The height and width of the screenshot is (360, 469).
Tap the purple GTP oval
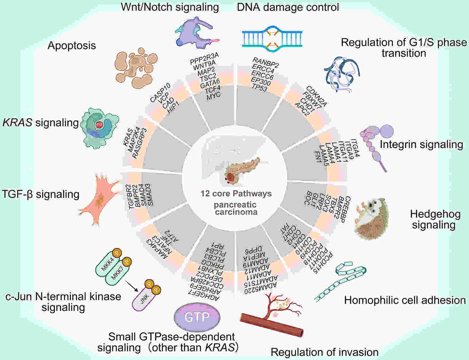[x=197, y=317]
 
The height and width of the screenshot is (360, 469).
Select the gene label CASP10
[x=160, y=92]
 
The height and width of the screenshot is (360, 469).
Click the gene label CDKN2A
[x=316, y=96]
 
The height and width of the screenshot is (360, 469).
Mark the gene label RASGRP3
[x=140, y=143]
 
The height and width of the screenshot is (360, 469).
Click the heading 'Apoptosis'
[x=72, y=46]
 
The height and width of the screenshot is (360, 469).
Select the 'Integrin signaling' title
[x=421, y=144]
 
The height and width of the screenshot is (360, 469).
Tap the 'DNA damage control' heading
[x=288, y=7]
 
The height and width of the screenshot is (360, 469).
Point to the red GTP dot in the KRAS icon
[x=99, y=125]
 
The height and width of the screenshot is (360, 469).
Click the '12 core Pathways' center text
[x=236, y=193]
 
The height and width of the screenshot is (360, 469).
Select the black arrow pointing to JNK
[x=131, y=286]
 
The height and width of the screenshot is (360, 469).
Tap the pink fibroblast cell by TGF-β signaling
[x=99, y=200]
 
